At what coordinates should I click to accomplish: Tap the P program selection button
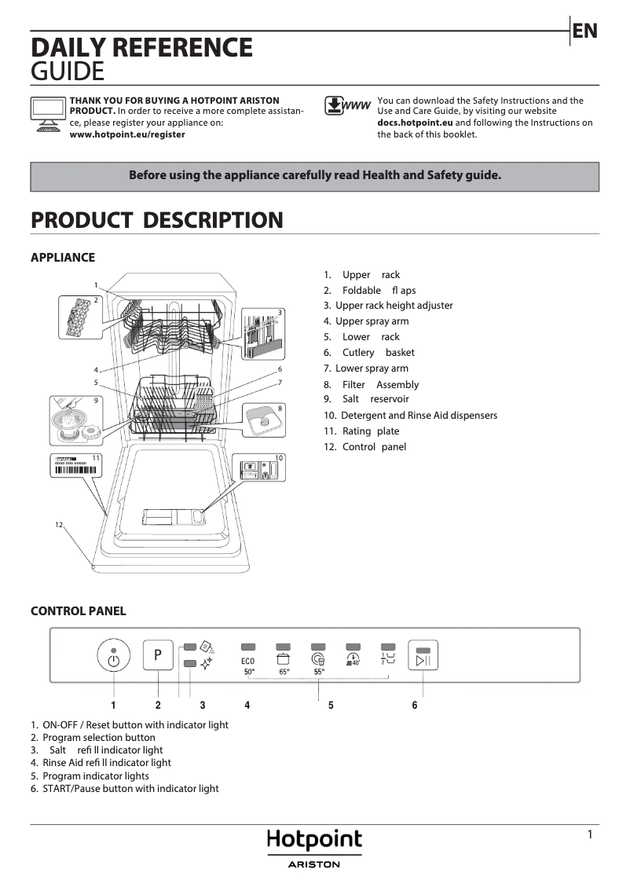pos(158,654)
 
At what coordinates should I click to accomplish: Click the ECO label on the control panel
pos(247,662)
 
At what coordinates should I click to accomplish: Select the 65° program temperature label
pos(284,672)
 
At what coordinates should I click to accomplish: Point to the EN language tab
pos(585,31)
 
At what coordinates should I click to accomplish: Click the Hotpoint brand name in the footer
pos(314,839)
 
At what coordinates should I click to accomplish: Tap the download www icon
pos(347,106)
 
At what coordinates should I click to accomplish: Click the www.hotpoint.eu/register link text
pos(127,134)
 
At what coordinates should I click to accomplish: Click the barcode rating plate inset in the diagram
pos(78,464)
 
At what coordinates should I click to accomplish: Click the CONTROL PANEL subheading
pos(78,611)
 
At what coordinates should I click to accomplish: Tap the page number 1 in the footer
pos(590,835)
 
